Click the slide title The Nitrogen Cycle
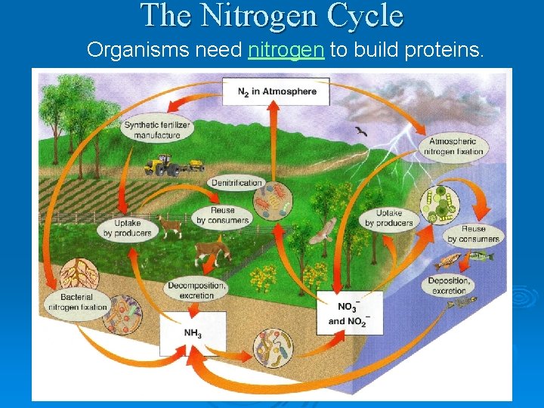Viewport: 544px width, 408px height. (272, 16)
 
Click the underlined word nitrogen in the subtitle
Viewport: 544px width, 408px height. (286, 51)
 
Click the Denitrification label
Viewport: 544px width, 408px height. (236, 183)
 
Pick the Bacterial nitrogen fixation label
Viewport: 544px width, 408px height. (77, 302)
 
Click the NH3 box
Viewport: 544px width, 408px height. (192, 333)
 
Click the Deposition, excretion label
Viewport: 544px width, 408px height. (450, 286)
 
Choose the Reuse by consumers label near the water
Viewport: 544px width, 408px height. (473, 233)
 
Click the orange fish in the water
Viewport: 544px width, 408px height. (448, 261)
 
